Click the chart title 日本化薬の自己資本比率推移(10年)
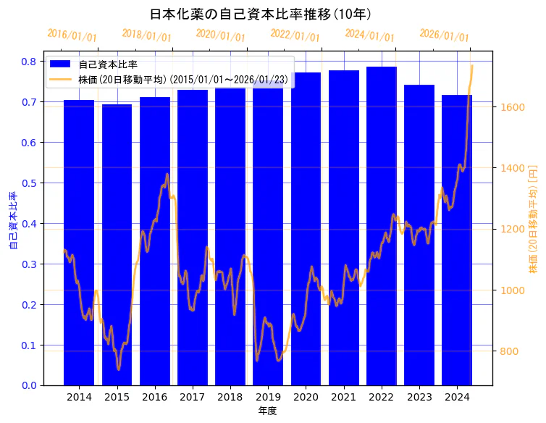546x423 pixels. [x=261, y=14]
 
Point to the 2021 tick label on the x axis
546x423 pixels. [x=343, y=397]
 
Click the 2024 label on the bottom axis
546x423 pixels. [x=457, y=397]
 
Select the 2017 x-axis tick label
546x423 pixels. [x=193, y=397]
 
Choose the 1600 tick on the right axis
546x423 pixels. [x=513, y=107]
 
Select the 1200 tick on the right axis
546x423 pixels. [x=513, y=230]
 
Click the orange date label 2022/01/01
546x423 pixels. [x=295, y=35]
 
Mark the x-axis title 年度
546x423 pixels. [x=267, y=411]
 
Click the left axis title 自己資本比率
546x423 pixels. [x=12, y=221]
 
